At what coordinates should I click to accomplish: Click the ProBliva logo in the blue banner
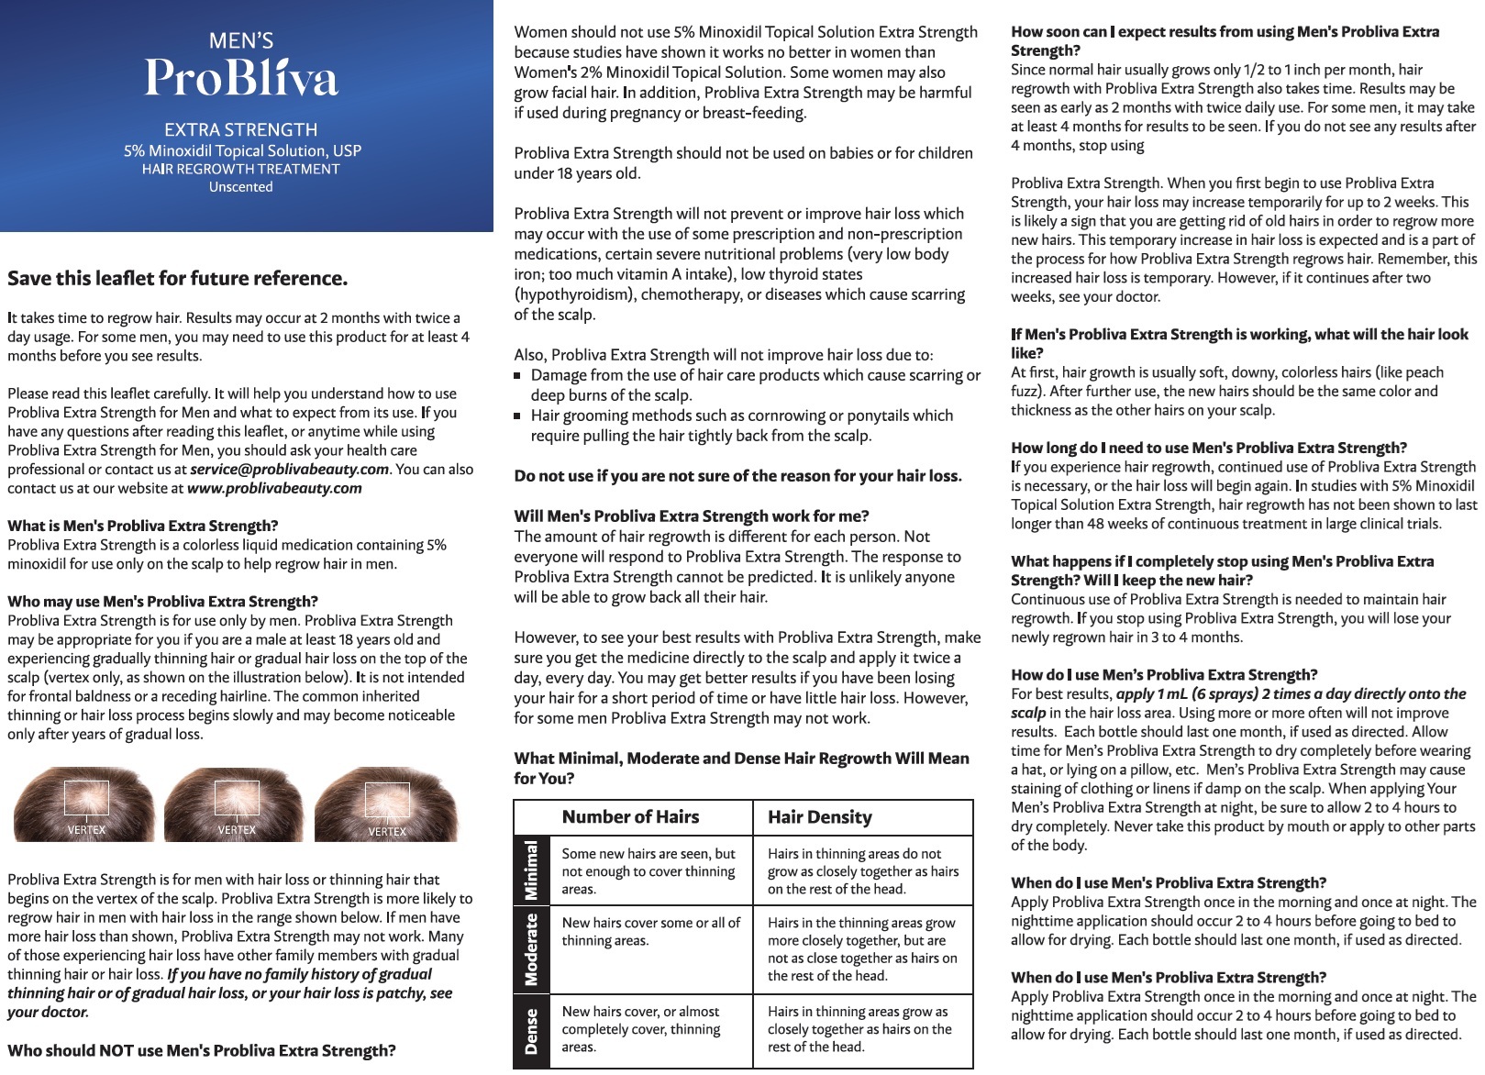(x=241, y=76)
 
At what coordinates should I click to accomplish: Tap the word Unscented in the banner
(x=240, y=187)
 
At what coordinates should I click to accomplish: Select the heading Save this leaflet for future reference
(x=178, y=279)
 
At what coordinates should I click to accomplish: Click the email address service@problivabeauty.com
(x=289, y=470)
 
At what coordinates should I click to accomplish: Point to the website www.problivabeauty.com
(x=274, y=489)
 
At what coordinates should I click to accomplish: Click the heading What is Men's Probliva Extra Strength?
(x=143, y=526)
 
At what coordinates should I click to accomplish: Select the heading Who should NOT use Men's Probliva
(x=202, y=1051)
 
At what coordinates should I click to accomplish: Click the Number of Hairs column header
(x=630, y=817)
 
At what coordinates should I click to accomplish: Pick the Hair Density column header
(x=819, y=817)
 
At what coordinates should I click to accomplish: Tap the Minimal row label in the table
(x=531, y=870)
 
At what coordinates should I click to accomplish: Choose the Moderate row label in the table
(x=531, y=949)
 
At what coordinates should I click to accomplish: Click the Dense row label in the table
(x=531, y=1031)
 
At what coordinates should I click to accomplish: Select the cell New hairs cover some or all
(x=650, y=932)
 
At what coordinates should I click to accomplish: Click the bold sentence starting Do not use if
(x=737, y=476)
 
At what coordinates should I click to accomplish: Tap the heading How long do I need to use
(x=1208, y=449)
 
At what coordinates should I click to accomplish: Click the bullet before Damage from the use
(x=518, y=376)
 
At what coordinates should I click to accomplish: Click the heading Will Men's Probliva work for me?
(x=691, y=516)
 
